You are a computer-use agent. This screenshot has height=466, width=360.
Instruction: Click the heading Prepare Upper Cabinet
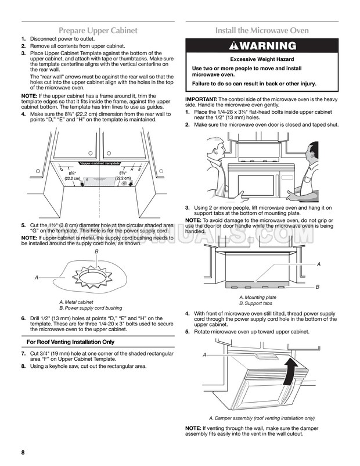tap(102, 30)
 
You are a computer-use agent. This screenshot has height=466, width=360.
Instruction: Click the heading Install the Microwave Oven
tap(262, 30)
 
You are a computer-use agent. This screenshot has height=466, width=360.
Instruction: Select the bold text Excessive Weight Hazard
tap(262, 59)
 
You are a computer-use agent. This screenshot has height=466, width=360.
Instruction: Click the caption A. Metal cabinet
tap(76, 302)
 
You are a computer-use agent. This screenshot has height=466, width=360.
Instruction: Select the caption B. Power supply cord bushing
tap(90, 308)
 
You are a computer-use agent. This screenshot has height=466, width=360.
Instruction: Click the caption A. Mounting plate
tap(257, 297)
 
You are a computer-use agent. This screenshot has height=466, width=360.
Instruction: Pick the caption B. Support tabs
tap(255, 304)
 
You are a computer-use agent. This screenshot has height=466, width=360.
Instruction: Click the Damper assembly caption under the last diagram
tap(261, 418)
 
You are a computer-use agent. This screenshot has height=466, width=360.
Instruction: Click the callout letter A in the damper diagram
tap(205, 354)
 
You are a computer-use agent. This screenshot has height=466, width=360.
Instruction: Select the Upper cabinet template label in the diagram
tap(99, 164)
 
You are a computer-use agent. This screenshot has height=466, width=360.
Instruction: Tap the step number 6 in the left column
tap(23, 318)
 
